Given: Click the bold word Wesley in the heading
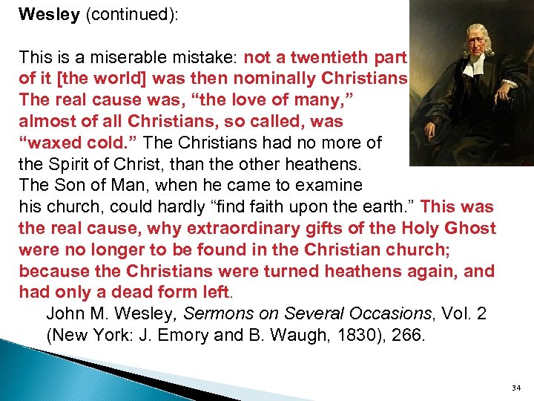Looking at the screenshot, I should pyautogui.click(x=49, y=15).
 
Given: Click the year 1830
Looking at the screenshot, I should pyautogui.click(x=369, y=336).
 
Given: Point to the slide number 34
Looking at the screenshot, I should pyautogui.click(x=516, y=388).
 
